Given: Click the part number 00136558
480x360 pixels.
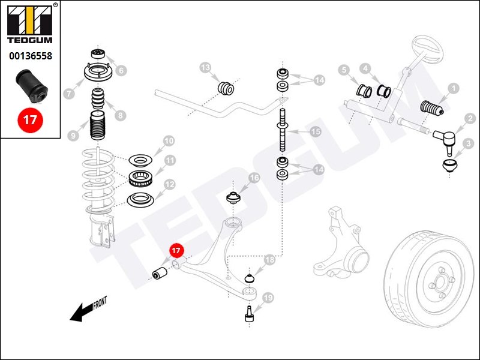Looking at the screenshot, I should point(30,56).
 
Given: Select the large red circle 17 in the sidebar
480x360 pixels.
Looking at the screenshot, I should point(30,119).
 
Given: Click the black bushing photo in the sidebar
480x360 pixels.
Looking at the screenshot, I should point(31,86).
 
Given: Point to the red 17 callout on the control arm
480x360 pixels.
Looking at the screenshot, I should point(176,251).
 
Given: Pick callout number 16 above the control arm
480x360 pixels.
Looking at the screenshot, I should point(254,178).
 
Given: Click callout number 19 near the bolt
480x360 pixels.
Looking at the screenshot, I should point(268,297).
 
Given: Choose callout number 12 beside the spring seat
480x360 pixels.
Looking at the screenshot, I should point(170,185).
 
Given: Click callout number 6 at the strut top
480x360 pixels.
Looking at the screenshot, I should point(122,70).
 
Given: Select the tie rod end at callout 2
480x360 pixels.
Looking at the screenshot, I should point(445,139).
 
